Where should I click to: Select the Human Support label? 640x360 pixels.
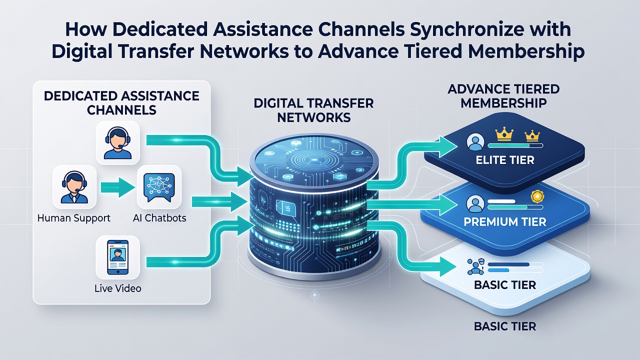73,218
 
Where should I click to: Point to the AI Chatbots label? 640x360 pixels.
159,218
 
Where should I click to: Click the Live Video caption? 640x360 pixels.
117,288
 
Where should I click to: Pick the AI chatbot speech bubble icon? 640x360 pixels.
159,187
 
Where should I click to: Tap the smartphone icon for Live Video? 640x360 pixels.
117,257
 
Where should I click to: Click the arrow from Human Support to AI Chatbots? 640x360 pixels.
117,187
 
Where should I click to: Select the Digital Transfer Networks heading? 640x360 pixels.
313,110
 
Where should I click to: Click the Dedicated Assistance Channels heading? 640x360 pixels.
121,103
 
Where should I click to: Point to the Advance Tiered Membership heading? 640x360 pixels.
503,96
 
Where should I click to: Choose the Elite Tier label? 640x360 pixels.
505,160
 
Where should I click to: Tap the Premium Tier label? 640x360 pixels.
504,221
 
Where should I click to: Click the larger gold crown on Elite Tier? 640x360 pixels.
504,135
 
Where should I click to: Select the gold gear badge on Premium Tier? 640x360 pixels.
537,196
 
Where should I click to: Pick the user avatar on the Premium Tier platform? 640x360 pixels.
475,203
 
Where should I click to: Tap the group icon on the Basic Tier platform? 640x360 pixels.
475,267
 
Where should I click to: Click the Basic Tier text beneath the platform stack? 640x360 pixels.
505,326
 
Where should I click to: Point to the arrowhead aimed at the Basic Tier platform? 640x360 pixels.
447,266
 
